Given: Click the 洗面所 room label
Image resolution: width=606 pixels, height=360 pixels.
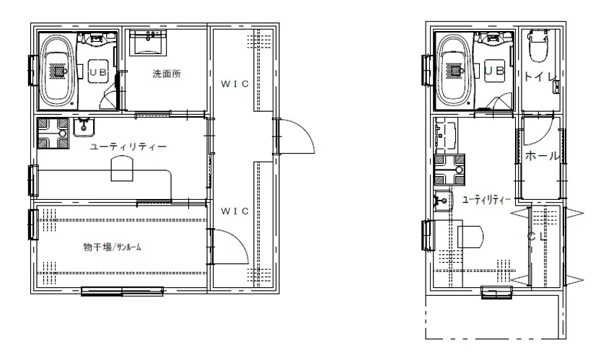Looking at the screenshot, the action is pyautogui.click(x=167, y=74).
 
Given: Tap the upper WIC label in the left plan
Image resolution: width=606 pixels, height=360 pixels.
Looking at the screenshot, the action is pyautogui.click(x=234, y=84).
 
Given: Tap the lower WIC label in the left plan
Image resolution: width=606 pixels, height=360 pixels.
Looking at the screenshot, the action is pyautogui.click(x=234, y=211).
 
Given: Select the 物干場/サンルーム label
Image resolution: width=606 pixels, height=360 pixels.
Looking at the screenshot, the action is pyautogui.click(x=112, y=247).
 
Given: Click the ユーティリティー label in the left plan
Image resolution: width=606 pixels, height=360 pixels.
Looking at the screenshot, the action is pyautogui.click(x=128, y=147).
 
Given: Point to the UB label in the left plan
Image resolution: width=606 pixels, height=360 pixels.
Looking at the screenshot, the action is pyautogui.click(x=98, y=72).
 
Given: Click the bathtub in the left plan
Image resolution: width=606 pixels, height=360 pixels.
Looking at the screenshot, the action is pyautogui.click(x=59, y=72).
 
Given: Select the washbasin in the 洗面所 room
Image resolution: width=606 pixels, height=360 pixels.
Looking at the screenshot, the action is pyautogui.click(x=149, y=42).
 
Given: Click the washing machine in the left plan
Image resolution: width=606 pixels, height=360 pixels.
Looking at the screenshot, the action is pyautogui.click(x=53, y=133).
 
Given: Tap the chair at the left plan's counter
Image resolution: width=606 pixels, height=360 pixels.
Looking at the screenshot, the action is pyautogui.click(x=122, y=169).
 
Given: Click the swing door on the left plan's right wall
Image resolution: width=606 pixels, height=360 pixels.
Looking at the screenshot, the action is pyautogui.click(x=296, y=137).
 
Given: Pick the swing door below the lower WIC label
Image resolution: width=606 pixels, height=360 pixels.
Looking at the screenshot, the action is pyautogui.click(x=229, y=247).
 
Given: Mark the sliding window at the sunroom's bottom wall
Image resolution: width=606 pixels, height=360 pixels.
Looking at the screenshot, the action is pyautogui.click(x=122, y=291).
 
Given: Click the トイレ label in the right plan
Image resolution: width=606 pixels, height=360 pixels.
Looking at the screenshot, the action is pyautogui.click(x=540, y=76).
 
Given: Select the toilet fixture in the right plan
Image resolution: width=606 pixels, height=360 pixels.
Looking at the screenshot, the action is pyautogui.click(x=537, y=45).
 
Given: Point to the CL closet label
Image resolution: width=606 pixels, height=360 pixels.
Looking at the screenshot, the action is pyautogui.click(x=537, y=237).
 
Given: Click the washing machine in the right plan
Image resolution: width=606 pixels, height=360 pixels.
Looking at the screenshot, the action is pyautogui.click(x=449, y=170).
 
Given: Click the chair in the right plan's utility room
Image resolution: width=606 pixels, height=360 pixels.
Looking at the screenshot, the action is pyautogui.click(x=470, y=236).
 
